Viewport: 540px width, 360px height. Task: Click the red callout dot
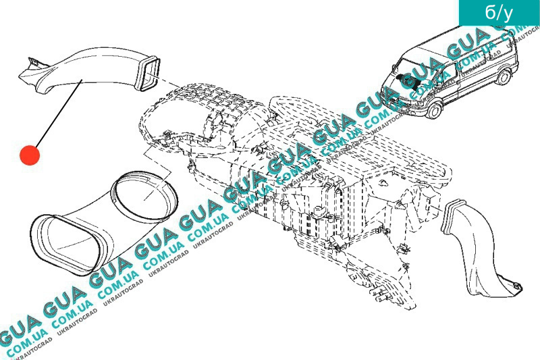29,155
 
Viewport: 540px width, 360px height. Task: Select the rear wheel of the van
504,76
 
